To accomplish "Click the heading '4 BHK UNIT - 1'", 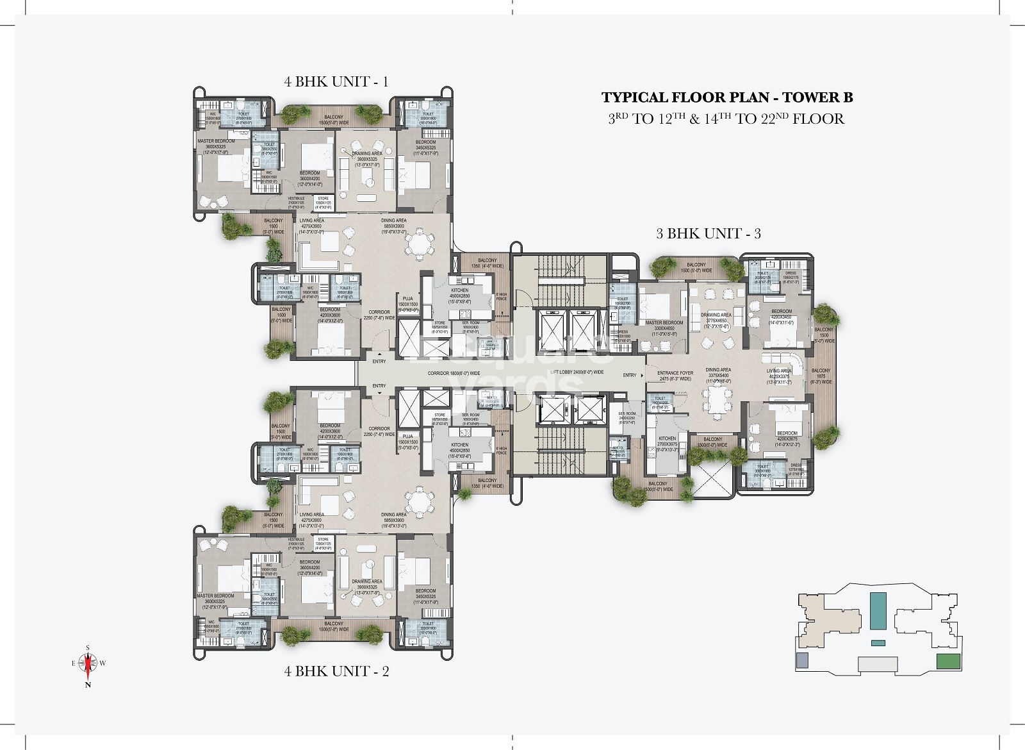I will [336, 81].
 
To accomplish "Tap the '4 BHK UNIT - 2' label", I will [336, 671].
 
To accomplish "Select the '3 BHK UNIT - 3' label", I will [708, 233].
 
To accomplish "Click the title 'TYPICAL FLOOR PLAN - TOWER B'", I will [726, 97].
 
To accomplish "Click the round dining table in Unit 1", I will [421, 244].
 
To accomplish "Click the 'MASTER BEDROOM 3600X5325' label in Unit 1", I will [216, 145].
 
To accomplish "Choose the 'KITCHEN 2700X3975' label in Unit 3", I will [667, 442].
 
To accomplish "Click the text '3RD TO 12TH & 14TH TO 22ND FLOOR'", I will [726, 119].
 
